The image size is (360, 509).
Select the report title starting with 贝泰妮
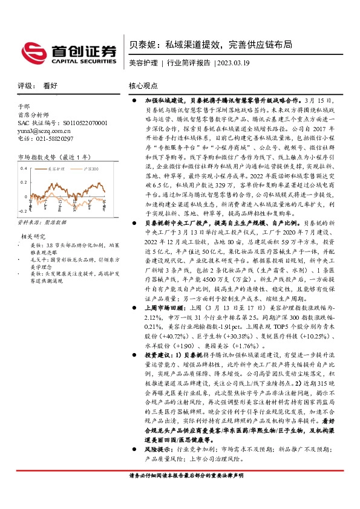212,44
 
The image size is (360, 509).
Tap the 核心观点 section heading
143,86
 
